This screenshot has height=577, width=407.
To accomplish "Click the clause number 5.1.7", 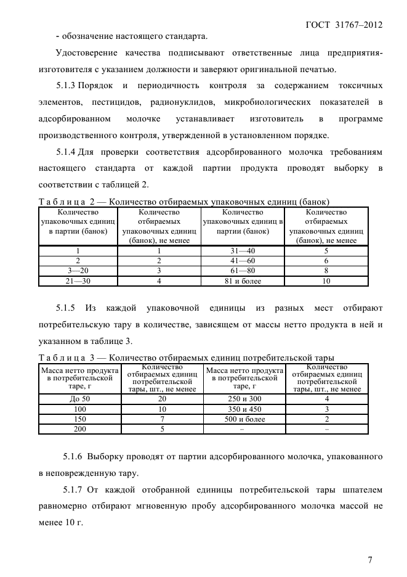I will coord(75,490).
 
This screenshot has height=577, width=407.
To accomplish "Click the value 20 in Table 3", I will coord(163,399).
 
